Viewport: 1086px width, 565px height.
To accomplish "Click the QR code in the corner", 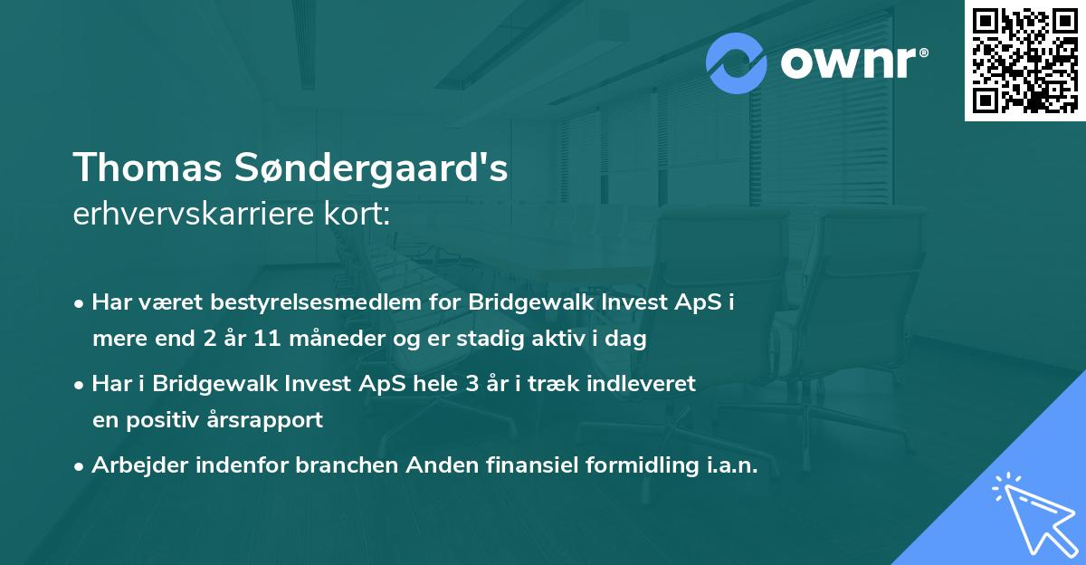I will point(1024,60).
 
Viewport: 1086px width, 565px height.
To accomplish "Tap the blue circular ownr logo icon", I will point(738,62).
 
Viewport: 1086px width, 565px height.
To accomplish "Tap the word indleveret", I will point(651,384).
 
